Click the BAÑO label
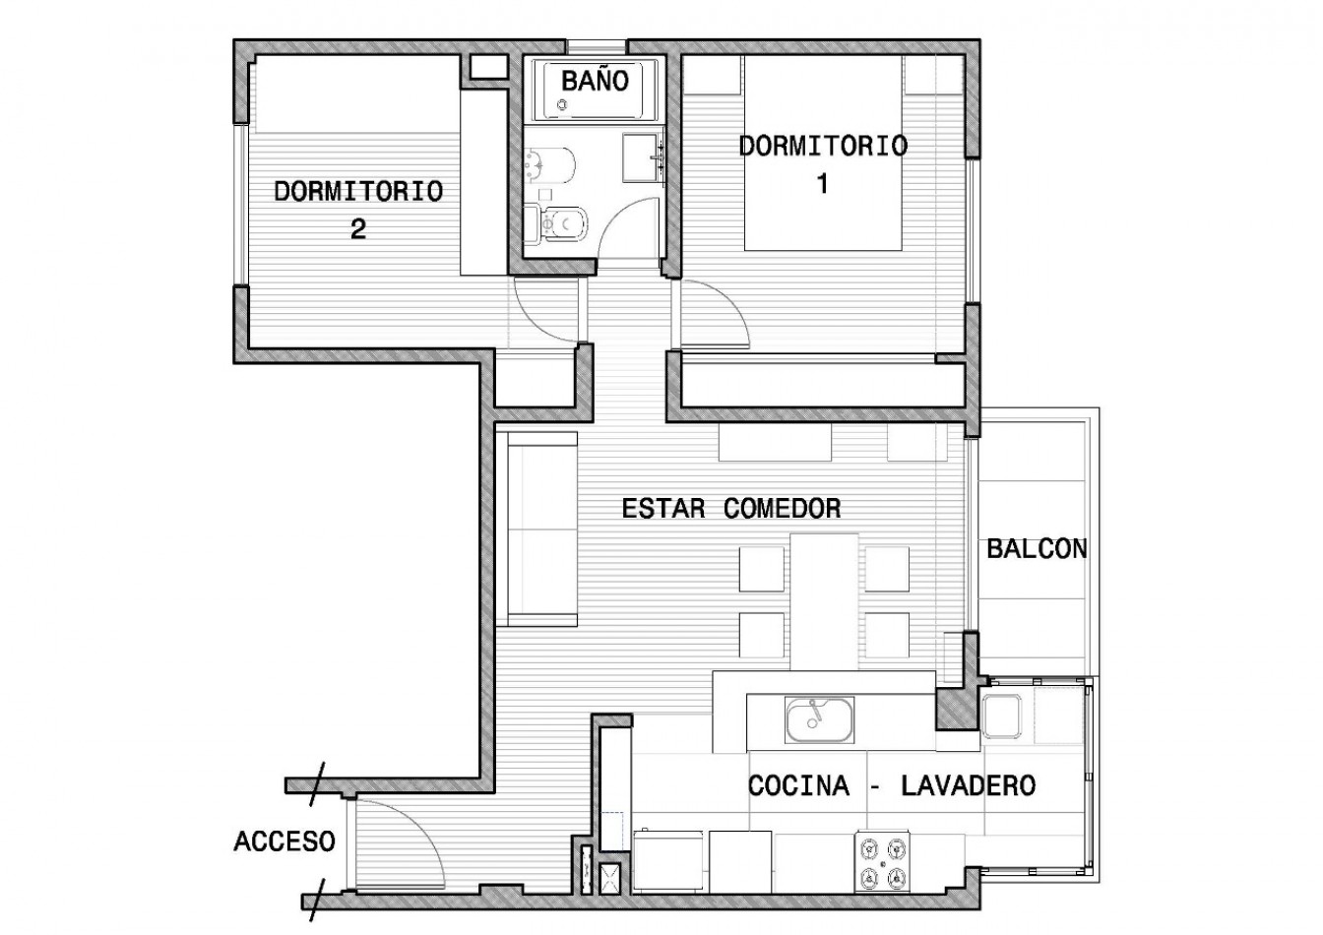coord(595,81)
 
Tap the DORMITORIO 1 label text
coord(823,164)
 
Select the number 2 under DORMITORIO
coord(358,229)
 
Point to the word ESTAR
coord(663,509)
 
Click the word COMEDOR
coord(782,509)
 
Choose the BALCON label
coord(1037,549)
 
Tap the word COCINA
coord(798,785)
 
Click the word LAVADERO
coord(968,785)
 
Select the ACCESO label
coord(284,841)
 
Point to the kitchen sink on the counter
coord(819,720)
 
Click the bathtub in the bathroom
coord(595,91)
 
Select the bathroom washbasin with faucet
coord(644,157)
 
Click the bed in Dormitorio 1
coord(823,153)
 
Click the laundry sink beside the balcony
coord(1001,717)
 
